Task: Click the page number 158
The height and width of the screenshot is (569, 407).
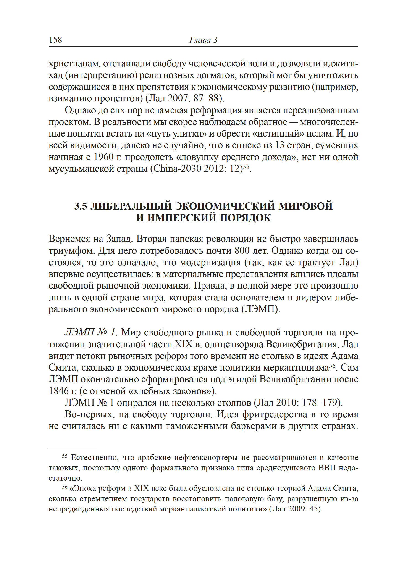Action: click(55, 40)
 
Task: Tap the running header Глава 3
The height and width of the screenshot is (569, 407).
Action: click(203, 40)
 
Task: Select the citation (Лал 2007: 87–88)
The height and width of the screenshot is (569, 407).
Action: click(185, 98)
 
